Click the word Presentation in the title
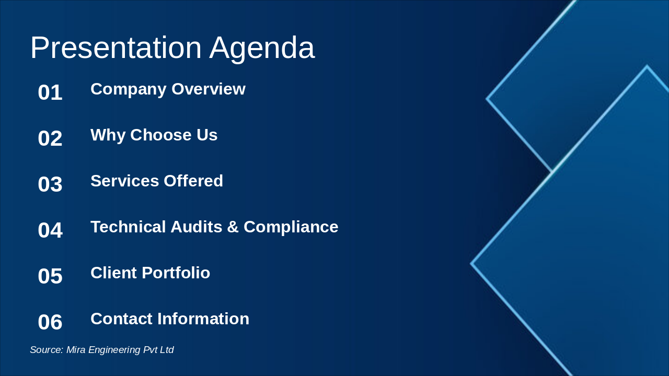[x=116, y=48]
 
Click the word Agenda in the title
[x=262, y=50]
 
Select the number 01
[x=50, y=92]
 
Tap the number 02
[x=50, y=138]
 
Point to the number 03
[x=50, y=184]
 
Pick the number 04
[x=50, y=230]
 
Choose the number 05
[x=50, y=276]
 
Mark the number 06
[x=50, y=322]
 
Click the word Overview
[x=209, y=89]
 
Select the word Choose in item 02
[x=161, y=135]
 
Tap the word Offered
[x=193, y=181]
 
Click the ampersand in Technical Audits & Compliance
[x=233, y=227]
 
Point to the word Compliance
[x=291, y=227]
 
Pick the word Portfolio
[x=176, y=273]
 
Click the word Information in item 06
[x=203, y=319]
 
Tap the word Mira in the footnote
[x=76, y=350]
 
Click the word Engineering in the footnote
[x=114, y=350]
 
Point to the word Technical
[x=128, y=227]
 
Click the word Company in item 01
[x=129, y=90]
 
